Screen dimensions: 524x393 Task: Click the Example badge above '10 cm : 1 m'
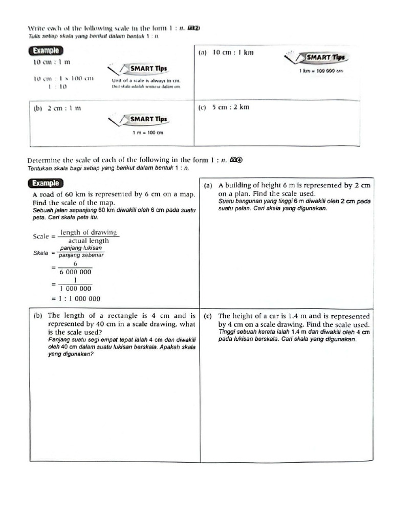[46, 51]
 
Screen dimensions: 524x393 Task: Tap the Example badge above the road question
[46, 183]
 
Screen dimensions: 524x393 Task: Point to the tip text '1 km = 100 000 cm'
[321, 71]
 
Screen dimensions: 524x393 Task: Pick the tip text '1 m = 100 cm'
[147, 133]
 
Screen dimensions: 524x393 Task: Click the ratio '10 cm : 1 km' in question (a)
[233, 53]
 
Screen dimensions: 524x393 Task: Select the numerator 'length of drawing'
[89, 232]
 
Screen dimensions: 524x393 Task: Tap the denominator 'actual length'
[89, 241]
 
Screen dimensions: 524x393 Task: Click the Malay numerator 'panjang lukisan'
[81, 248]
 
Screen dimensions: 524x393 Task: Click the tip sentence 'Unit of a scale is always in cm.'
[146, 80]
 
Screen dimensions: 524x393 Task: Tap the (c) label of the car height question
[208, 316]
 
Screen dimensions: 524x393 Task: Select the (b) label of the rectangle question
[37, 316]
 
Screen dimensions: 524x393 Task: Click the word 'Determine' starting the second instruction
[45, 160]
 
